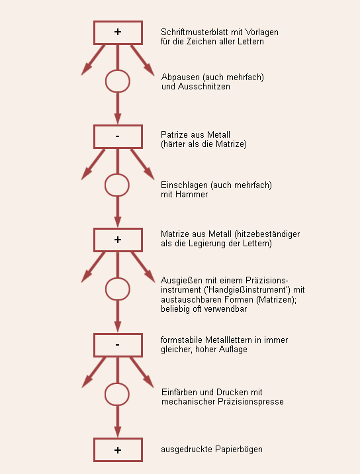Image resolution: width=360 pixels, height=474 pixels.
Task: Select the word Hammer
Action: click(x=192, y=195)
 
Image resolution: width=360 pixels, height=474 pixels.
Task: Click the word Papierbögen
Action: click(x=239, y=450)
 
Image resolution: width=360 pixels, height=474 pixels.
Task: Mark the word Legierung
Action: click(x=205, y=244)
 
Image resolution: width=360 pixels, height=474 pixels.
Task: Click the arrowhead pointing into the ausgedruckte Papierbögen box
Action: click(x=118, y=432)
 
